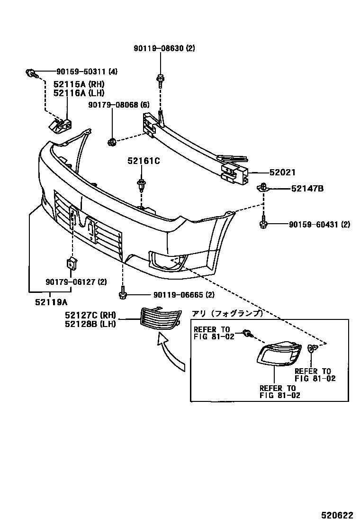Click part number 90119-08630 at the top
(x=158, y=48)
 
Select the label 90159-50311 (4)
(x=80, y=72)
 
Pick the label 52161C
(x=143, y=161)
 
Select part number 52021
(x=283, y=173)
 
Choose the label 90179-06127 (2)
(x=76, y=282)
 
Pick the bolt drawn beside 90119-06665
(x=123, y=293)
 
